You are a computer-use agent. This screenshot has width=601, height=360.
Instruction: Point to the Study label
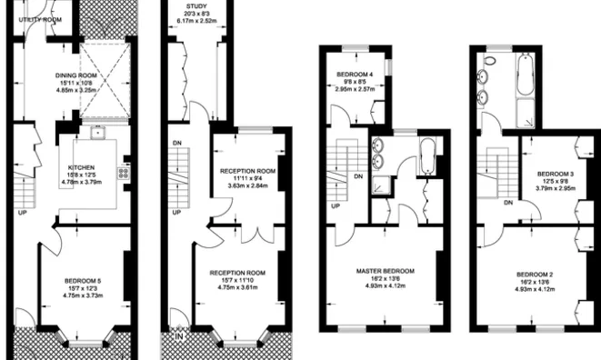(196, 5)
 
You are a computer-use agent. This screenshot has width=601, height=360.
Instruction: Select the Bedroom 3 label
(555, 173)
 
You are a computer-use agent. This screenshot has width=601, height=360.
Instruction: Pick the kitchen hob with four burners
(124, 170)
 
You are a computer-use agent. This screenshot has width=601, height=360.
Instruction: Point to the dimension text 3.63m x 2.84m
(247, 185)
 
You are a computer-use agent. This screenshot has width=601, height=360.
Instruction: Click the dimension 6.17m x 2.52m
(196, 22)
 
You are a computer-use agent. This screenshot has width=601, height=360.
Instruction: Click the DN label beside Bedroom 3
(509, 203)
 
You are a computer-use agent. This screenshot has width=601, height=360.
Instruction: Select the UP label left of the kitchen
(21, 214)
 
